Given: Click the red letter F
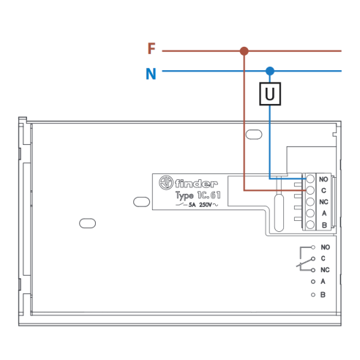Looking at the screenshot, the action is click(x=151, y=48).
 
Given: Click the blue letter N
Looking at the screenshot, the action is click(x=151, y=74).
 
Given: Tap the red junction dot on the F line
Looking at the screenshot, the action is click(x=244, y=51).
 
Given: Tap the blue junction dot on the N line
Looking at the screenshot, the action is click(x=270, y=71).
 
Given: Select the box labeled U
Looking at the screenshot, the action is click(x=270, y=94).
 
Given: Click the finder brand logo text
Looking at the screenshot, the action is click(x=196, y=184).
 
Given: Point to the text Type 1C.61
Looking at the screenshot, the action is click(x=198, y=195).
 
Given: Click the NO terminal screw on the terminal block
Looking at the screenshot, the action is click(x=310, y=179).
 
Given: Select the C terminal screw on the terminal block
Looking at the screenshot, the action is click(x=310, y=190).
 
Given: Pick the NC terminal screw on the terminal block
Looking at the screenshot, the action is click(x=310, y=202).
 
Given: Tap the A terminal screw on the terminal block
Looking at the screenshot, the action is click(x=310, y=213).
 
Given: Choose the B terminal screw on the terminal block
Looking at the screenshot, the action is click(x=310, y=225).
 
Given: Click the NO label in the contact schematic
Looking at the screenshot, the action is click(x=326, y=247).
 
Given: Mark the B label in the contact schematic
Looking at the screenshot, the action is click(x=323, y=295).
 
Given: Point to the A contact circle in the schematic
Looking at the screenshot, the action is click(x=313, y=282).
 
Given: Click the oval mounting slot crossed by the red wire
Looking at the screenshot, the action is click(x=254, y=135).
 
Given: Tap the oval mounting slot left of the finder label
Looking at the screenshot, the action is click(x=141, y=202).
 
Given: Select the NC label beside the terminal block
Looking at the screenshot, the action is click(x=324, y=202).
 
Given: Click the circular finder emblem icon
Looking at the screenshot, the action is click(x=166, y=182).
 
